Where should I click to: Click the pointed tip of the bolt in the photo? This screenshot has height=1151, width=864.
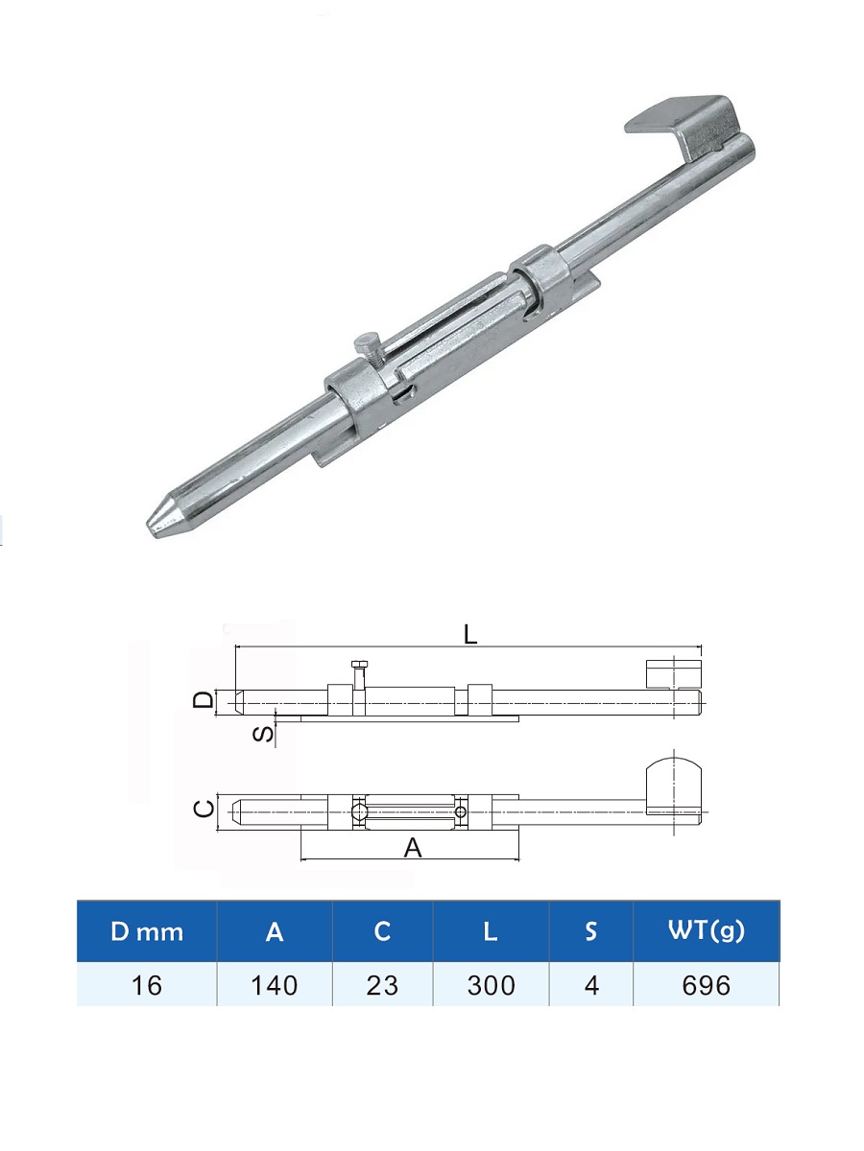click(149, 525)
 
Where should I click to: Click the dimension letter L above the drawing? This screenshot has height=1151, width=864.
click(470, 635)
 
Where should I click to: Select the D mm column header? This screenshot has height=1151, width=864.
click(147, 931)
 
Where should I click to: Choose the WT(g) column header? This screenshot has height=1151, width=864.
click(707, 931)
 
